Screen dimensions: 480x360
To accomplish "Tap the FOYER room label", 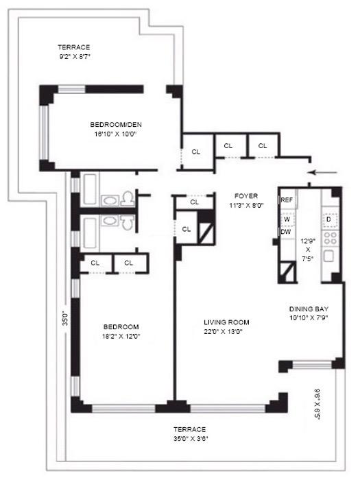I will (x=245, y=195).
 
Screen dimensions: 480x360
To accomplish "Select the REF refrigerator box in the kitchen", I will (x=287, y=200).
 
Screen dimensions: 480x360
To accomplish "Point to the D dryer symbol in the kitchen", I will (x=329, y=220).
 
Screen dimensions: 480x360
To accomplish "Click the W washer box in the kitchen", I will (x=287, y=218).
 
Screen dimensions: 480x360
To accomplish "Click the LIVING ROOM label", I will (x=226, y=322).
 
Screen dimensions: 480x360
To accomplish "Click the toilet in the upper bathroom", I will (x=128, y=200).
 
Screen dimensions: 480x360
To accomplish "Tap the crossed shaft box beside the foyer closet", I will (x=204, y=228).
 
